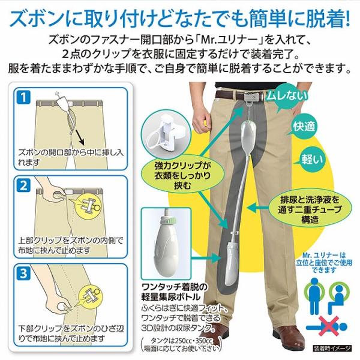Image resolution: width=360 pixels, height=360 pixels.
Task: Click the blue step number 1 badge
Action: (23, 97)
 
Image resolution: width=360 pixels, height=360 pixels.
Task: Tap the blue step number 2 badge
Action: (23, 185)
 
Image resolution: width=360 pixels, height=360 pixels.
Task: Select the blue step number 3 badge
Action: (23, 273)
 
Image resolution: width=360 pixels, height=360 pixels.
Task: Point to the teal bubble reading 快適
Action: (304, 127)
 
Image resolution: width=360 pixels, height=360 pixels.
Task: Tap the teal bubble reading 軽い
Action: (311, 159)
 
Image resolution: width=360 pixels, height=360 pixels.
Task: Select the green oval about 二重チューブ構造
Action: (310, 209)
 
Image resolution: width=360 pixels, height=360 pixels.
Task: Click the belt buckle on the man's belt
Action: (254, 96)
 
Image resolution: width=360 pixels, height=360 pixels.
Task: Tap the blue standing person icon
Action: (314, 296)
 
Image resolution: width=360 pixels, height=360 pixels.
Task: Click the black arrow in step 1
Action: (79, 138)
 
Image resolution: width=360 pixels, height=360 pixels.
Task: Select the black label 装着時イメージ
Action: (332, 348)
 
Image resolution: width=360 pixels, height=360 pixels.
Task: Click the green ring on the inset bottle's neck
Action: (170, 220)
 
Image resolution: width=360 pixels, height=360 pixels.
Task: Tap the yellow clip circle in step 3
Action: (90, 296)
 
